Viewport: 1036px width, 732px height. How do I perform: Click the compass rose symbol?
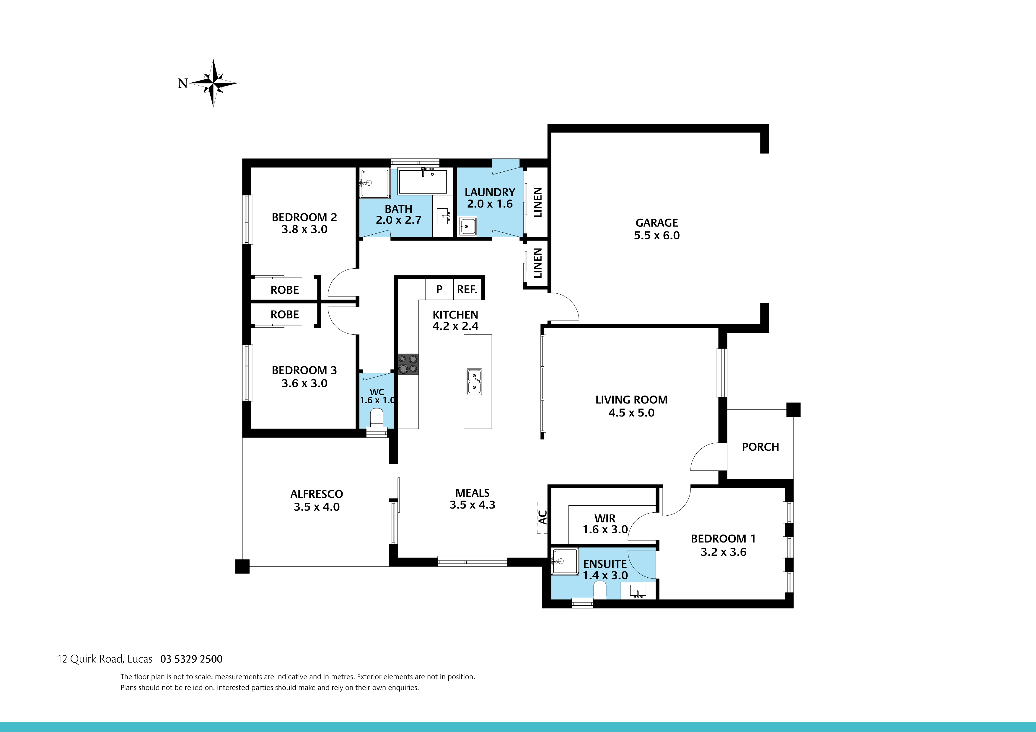click(213, 83)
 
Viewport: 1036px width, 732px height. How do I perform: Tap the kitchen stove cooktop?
click(408, 364)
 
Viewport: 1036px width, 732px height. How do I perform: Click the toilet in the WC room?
click(376, 418)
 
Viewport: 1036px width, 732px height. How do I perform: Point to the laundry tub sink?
click(468, 226)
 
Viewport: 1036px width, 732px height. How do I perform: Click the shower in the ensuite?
click(564, 561)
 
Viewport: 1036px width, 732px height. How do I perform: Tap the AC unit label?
click(543, 517)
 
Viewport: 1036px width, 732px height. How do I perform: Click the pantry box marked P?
click(439, 289)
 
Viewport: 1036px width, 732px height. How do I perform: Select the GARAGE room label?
click(657, 223)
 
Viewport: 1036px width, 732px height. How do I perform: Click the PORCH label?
click(760, 447)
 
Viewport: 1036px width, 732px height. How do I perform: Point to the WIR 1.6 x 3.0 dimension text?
click(605, 530)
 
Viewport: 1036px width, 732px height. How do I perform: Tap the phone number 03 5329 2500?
click(191, 659)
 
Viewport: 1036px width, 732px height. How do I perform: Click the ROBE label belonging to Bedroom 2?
click(285, 290)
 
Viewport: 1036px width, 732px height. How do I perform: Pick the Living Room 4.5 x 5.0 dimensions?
click(631, 413)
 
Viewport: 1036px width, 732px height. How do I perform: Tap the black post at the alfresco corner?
click(242, 566)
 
